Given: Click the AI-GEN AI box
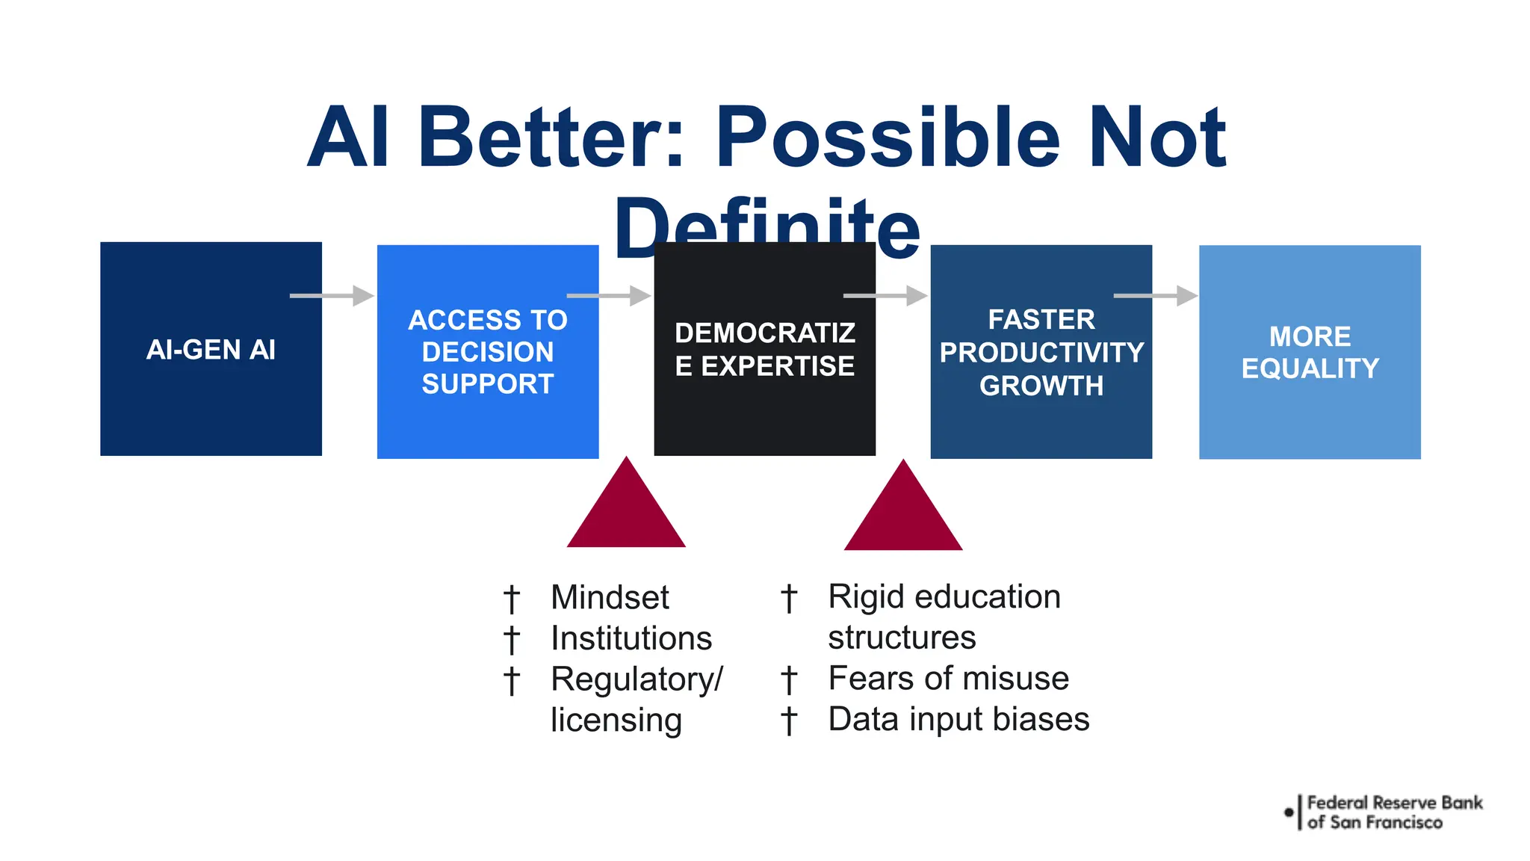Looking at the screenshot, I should [211, 349].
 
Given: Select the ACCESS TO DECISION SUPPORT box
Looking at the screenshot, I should [487, 352].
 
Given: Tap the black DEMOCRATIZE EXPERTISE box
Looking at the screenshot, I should [764, 349].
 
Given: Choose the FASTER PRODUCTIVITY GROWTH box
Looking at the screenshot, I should [1041, 352].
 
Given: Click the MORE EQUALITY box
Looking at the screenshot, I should [1309, 352].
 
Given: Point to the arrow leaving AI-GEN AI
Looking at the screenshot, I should [331, 296].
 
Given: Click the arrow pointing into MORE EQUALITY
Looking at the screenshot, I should [1155, 296].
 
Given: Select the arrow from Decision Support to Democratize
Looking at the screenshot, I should [608, 296].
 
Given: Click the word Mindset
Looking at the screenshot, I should [610, 597].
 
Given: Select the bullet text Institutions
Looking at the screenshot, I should [631, 638].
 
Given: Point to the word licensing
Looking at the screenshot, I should [616, 720].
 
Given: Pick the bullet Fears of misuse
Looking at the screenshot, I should [948, 679].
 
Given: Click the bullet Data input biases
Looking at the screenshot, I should [958, 719].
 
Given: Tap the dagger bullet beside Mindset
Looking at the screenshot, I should [511, 599].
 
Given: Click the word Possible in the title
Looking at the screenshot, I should [888, 138].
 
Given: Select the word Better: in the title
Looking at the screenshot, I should [551, 138].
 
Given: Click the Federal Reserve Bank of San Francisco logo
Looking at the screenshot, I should [1384, 812].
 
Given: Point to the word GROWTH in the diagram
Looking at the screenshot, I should [1041, 386].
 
